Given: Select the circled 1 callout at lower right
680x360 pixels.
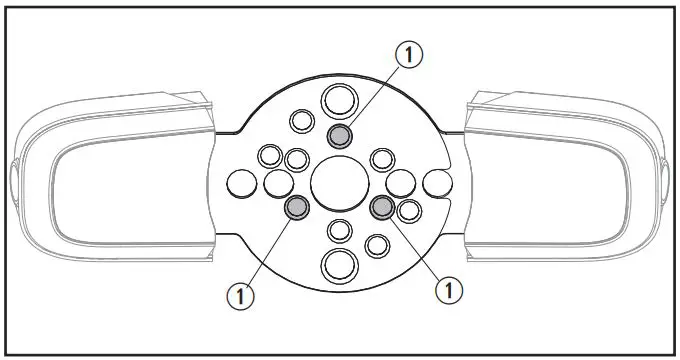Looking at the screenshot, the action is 450,291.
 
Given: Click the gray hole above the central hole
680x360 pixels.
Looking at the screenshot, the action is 340,137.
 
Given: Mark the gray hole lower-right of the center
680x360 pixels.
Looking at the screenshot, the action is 382,207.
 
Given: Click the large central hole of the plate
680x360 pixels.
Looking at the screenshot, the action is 339,183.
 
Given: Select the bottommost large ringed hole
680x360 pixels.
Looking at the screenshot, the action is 339,267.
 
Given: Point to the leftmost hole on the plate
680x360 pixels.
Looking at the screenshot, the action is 243,183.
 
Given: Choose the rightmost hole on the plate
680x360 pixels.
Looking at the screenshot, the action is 436,183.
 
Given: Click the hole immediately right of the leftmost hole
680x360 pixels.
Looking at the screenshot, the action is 278,183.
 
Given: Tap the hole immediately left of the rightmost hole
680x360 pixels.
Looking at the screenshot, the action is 400,183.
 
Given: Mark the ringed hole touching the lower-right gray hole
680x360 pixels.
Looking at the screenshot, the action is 408,211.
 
